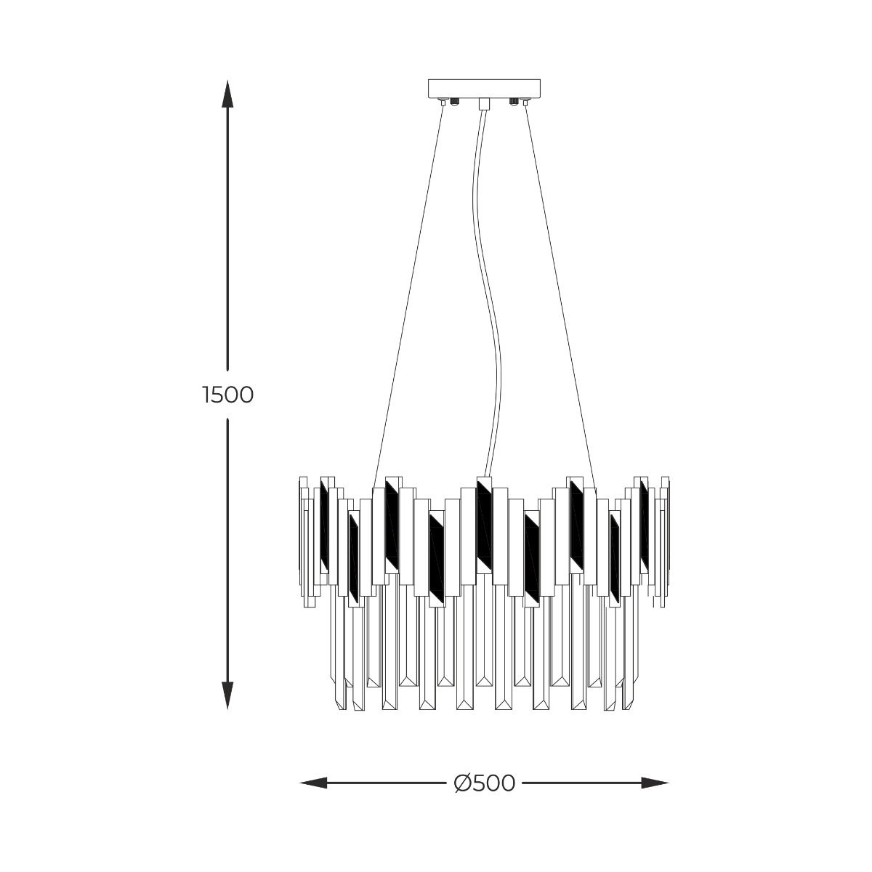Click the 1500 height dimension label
[x=227, y=395]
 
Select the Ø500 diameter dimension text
[x=484, y=783]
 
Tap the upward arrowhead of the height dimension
[x=227, y=94]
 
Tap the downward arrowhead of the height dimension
[x=227, y=695]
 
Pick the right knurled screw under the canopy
[x=514, y=102]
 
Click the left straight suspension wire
[x=408, y=291]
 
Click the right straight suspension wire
[x=560, y=291]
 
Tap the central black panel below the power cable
[x=485, y=523]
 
